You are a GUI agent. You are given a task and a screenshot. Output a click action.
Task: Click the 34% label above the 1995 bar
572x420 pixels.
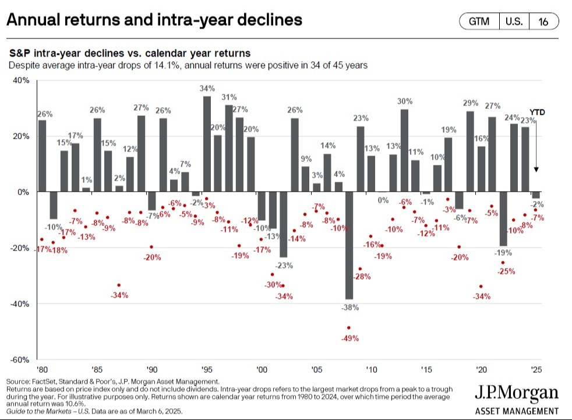point(207,89)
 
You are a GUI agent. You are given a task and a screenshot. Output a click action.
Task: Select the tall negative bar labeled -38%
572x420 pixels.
point(349,245)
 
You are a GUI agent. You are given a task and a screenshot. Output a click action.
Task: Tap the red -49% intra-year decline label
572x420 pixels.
point(350,338)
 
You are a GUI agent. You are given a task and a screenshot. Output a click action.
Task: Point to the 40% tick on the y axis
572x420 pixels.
point(21,80)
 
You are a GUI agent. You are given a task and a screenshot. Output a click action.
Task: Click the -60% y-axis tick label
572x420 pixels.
point(20,360)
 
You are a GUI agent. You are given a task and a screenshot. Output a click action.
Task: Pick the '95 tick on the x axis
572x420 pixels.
point(207,369)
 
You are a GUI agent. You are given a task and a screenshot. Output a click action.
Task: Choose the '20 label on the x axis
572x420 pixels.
point(481,369)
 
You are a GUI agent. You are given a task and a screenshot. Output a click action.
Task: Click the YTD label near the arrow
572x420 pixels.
point(537,112)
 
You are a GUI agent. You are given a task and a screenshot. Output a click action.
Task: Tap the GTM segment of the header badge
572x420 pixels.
point(479,22)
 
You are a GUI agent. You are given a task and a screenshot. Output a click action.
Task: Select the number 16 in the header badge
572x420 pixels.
point(543,22)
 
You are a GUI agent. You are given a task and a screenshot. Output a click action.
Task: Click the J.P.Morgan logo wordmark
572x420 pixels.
point(517,393)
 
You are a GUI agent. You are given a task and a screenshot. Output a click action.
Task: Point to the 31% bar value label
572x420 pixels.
point(229,97)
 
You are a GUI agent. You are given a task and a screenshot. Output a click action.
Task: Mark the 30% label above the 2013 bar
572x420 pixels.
point(405,101)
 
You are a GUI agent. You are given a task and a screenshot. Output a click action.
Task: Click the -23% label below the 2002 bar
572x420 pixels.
point(284,265)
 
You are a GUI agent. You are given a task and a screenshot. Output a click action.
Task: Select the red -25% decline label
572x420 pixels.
point(506,271)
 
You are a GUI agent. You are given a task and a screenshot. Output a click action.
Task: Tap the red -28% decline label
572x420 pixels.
point(362,277)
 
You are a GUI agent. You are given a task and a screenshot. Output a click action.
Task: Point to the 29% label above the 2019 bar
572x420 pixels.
point(471,103)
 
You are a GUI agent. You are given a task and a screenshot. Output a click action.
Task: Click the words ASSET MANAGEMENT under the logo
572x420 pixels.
point(517,411)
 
